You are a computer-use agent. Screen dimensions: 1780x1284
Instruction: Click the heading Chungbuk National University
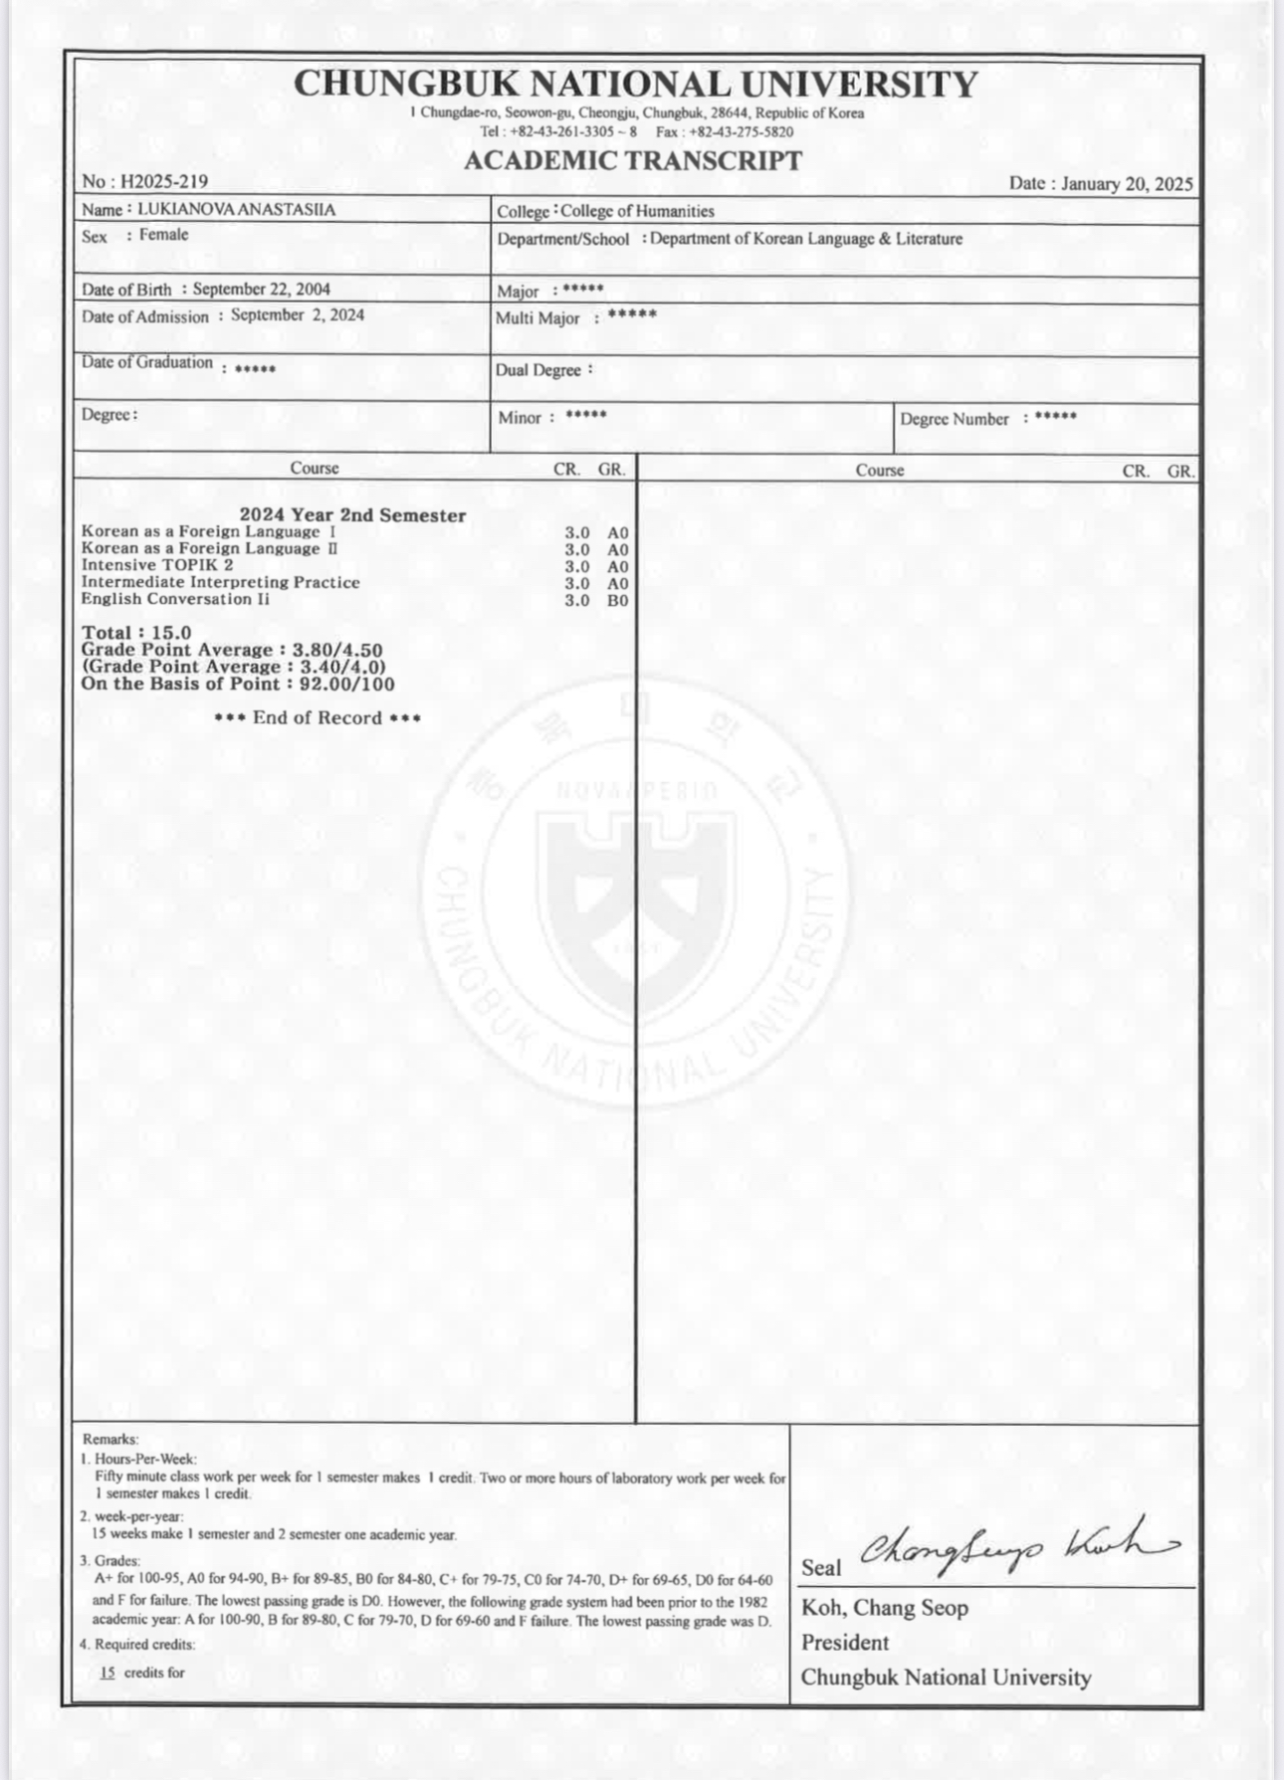(x=636, y=84)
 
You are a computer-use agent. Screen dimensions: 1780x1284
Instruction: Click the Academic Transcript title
(x=633, y=161)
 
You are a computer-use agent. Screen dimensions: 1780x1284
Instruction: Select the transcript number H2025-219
(x=163, y=181)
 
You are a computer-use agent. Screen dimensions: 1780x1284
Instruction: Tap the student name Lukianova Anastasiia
(x=236, y=210)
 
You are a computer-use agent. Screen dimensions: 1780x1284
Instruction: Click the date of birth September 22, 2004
(x=262, y=290)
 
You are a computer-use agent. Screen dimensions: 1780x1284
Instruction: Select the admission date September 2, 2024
(x=298, y=315)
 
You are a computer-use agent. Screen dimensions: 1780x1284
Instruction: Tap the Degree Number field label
(x=955, y=419)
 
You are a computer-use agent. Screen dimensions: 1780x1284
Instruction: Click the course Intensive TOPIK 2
(x=157, y=565)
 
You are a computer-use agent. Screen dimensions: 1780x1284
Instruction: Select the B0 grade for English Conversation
(x=618, y=601)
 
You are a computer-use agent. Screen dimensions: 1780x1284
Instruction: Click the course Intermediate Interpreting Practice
(x=220, y=582)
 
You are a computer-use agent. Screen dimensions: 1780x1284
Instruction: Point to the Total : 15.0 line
(x=136, y=633)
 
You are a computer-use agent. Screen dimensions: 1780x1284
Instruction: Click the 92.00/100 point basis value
(x=347, y=685)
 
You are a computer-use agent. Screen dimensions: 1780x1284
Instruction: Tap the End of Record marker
(x=318, y=718)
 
